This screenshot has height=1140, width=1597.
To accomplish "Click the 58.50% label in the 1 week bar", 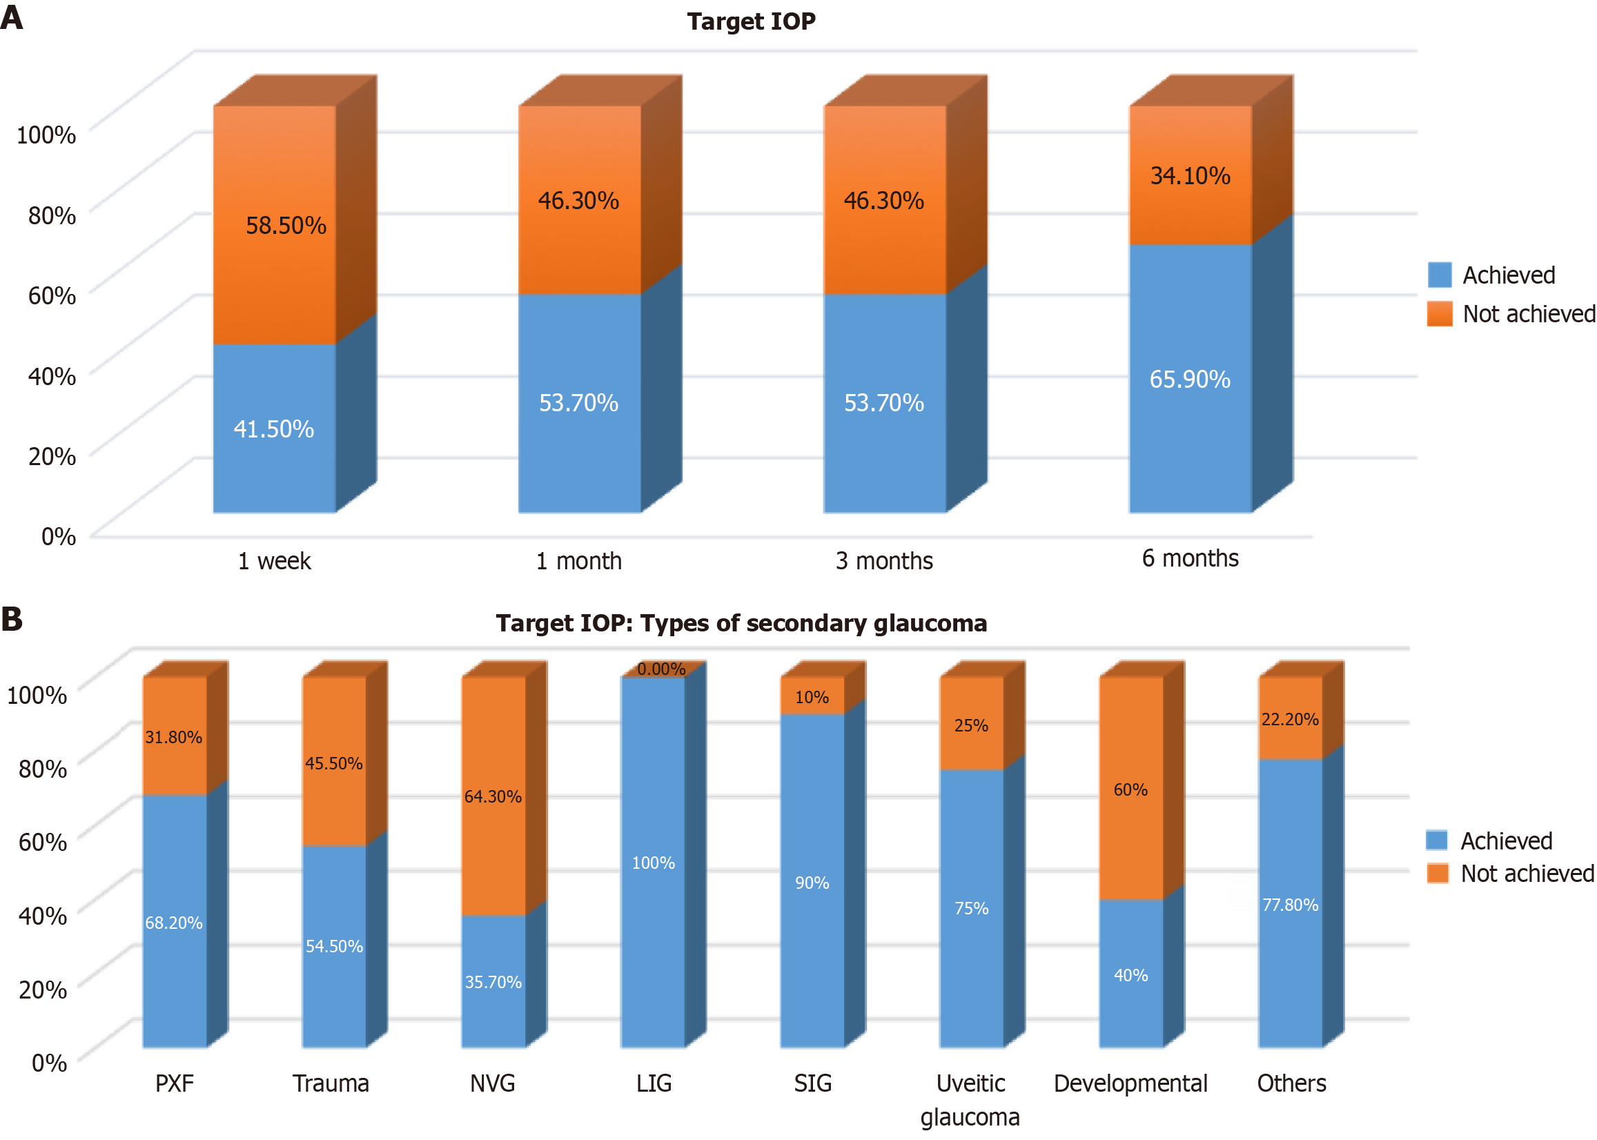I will tap(286, 226).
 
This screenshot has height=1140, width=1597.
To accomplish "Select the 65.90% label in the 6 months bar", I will tap(1189, 379).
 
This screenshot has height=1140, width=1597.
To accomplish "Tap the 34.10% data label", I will tap(1189, 175).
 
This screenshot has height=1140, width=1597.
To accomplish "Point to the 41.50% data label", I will tap(274, 429).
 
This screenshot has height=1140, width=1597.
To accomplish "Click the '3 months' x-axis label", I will tap(884, 561).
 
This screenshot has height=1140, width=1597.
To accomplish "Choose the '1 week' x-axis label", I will tap(274, 561).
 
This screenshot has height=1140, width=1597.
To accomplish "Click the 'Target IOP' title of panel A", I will tap(750, 21).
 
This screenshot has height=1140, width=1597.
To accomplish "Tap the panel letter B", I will tap(12, 619).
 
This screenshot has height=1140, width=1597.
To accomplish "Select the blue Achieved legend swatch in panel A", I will tap(1439, 275).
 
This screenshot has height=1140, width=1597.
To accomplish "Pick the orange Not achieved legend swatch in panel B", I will tap(1437, 873).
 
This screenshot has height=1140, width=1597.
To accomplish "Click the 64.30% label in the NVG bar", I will tap(493, 797).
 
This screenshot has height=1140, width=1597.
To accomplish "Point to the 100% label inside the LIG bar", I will tap(653, 863).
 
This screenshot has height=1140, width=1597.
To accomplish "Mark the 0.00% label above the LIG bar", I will tap(660, 669).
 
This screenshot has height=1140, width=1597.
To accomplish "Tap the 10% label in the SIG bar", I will tap(812, 697).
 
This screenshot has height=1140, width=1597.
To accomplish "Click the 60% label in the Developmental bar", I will tap(1130, 789).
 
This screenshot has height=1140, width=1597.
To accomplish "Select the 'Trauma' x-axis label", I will tap(331, 1084).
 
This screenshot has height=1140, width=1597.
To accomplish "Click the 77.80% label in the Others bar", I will tap(1291, 905).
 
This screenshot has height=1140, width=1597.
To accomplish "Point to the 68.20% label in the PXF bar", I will tap(173, 923).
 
